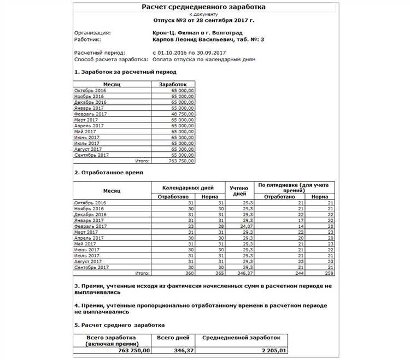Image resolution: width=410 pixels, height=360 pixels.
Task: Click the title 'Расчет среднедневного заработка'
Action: (204, 7)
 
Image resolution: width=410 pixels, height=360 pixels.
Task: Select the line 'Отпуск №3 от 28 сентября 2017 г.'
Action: (203, 20)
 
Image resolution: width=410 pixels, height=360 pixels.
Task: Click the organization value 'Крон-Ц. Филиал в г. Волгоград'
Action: (195, 33)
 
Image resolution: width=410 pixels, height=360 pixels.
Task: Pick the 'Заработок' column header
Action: (173, 85)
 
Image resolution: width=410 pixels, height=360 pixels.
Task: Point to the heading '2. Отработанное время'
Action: (108, 173)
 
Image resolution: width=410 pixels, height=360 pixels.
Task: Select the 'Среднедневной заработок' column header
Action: (241, 339)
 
